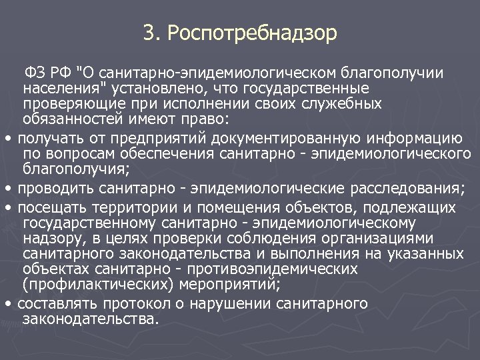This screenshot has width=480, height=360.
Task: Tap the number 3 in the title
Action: (x=148, y=32)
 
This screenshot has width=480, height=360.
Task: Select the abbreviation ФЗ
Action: (x=33, y=72)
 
